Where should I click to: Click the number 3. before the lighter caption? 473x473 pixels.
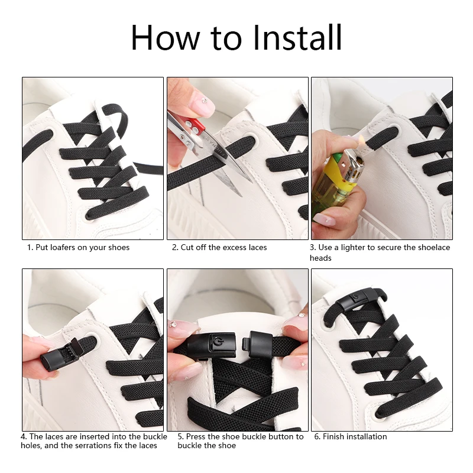pyautogui.click(x=313, y=247)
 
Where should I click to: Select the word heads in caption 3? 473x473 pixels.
pyautogui.click(x=320, y=258)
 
